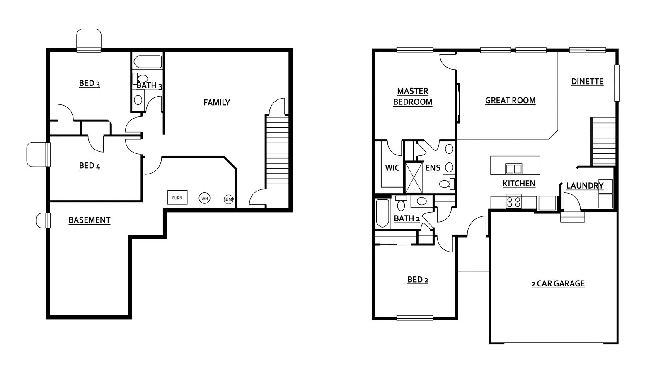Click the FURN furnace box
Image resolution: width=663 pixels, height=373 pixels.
[177, 197]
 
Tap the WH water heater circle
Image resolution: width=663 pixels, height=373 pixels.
[205, 199]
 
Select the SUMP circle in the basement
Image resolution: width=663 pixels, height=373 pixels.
[228, 199]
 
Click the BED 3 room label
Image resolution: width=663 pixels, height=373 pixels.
[90, 84]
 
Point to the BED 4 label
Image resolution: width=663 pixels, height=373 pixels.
[90, 166]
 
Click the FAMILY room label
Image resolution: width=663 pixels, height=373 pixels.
[217, 103]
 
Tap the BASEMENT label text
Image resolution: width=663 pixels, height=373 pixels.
[90, 220]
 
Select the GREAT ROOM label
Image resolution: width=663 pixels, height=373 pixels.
[510, 101]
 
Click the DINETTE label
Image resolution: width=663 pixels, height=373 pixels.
[587, 82]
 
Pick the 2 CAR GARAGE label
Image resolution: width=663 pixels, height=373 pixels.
[558, 284]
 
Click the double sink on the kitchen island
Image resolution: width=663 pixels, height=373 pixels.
[513, 169]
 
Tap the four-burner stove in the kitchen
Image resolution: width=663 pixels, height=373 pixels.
[513, 201]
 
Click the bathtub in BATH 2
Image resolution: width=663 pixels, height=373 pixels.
[382, 213]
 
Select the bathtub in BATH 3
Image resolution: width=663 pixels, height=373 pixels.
[148, 62]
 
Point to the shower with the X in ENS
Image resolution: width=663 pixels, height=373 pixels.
[414, 177]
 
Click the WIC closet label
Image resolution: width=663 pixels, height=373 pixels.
[392, 168]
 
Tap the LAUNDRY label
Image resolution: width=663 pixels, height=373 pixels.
[585, 186]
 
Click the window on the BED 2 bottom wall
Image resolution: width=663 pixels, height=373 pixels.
[415, 318]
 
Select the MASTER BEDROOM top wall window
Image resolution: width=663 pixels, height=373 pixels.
[415, 50]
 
